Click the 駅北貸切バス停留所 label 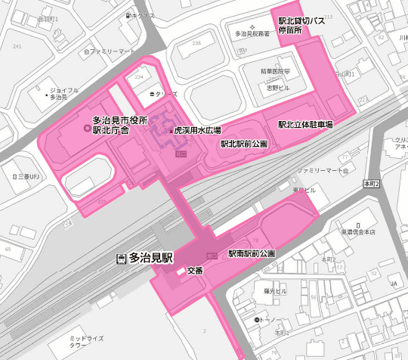(301, 26)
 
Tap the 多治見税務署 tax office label (252, 34)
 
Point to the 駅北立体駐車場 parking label (305, 124)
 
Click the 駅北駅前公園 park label (243, 143)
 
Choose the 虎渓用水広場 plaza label (197, 130)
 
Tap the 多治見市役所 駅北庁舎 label (119, 125)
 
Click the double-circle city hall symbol (85, 130)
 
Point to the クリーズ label (166, 94)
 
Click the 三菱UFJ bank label (29, 176)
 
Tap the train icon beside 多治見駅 (121, 259)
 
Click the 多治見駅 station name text (151, 258)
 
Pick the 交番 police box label (195, 272)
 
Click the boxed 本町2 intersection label (369, 184)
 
